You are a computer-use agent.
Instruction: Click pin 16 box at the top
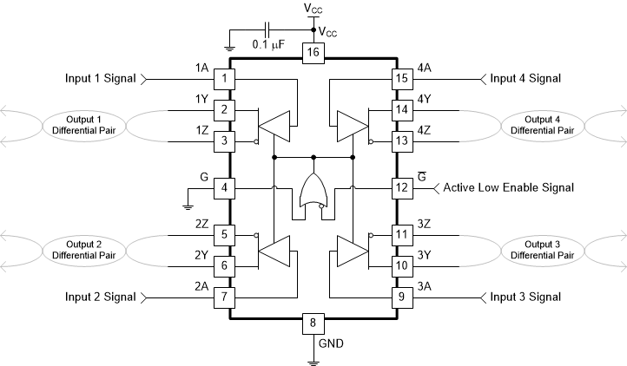tap(313, 54)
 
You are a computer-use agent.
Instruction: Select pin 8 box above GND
tap(313, 324)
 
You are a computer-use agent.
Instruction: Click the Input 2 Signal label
tap(101, 297)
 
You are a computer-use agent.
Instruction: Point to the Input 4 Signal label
tap(525, 79)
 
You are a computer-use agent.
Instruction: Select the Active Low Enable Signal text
tap(509, 187)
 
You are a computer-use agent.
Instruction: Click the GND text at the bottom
tap(332, 343)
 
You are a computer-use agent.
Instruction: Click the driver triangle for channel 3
tap(349, 252)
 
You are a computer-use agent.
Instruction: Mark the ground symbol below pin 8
tap(313, 356)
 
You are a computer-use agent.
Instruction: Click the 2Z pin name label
tap(203, 224)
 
